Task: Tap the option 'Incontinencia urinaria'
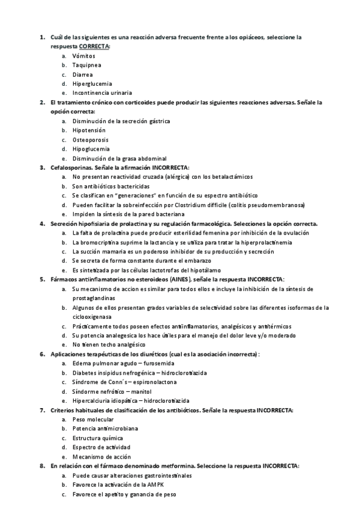coord(102,93)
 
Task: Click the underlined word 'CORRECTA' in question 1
coord(94,46)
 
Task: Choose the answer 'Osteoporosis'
coord(90,139)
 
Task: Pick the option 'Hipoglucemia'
coord(91,149)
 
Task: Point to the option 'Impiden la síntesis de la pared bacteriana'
coord(128,214)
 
